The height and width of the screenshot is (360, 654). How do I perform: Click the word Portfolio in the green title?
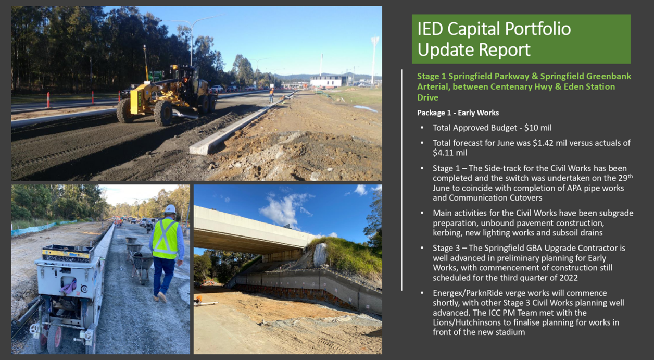pyautogui.click(x=538, y=29)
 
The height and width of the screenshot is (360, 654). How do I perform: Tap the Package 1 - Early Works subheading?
pyautogui.click(x=458, y=113)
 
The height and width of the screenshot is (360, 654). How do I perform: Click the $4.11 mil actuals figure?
pyautogui.click(x=450, y=153)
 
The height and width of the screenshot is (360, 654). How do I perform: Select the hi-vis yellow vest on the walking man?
pyautogui.click(x=165, y=239)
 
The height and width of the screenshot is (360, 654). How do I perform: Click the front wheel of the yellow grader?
pyautogui.click(x=162, y=113)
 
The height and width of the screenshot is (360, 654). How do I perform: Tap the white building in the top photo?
pyautogui.click(x=327, y=81)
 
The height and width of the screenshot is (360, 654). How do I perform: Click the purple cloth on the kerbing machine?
pyautogui.click(x=69, y=287)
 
